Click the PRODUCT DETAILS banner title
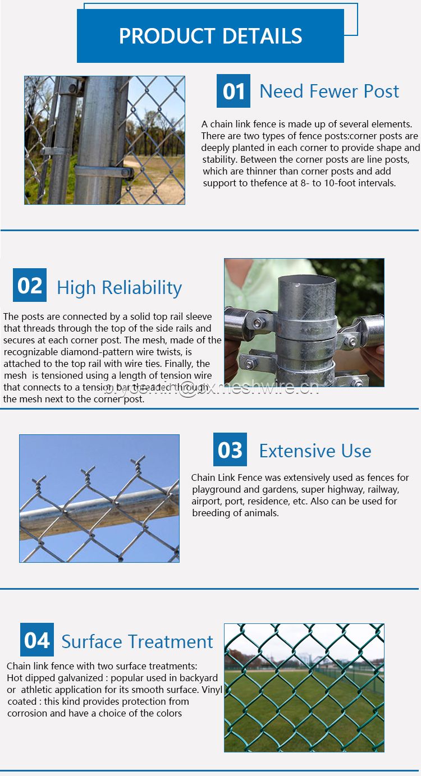210,36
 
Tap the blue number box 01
234,91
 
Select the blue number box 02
30,285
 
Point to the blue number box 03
230,449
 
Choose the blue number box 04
37,640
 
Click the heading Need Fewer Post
329,91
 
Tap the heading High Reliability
119,288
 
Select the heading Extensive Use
315,451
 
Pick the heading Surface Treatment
137,641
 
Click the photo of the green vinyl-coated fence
304,687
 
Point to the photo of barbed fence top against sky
99,498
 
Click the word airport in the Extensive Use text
206,501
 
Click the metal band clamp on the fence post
104,171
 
